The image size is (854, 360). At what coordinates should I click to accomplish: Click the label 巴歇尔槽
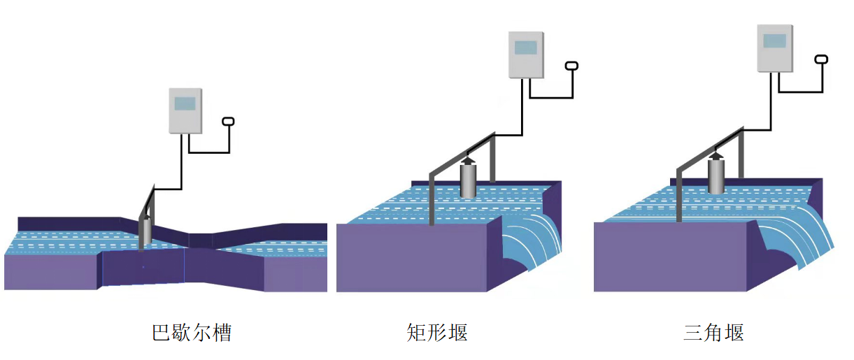[x=192, y=332]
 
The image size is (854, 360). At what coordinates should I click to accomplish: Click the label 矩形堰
[x=437, y=332]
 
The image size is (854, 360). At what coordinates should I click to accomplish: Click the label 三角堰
[x=713, y=332]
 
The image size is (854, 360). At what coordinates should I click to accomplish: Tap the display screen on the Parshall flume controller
[x=185, y=104]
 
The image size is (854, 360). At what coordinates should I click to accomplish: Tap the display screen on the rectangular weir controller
[x=525, y=48]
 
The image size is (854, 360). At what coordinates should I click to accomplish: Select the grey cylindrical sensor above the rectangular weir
[x=468, y=181]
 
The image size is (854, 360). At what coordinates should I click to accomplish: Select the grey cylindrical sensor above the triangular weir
[x=716, y=177]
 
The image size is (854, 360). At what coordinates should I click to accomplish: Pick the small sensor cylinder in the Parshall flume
[x=146, y=231]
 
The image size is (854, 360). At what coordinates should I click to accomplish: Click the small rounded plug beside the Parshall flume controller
[x=228, y=122]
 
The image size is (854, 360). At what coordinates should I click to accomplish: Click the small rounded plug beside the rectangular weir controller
[x=571, y=66]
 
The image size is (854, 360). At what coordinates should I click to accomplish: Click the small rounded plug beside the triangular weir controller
[x=821, y=59]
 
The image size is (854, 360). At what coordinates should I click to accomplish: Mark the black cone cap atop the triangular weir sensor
[x=716, y=156]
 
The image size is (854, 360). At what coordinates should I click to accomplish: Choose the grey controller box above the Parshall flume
[x=185, y=110]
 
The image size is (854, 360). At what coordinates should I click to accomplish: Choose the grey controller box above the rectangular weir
[x=525, y=55]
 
